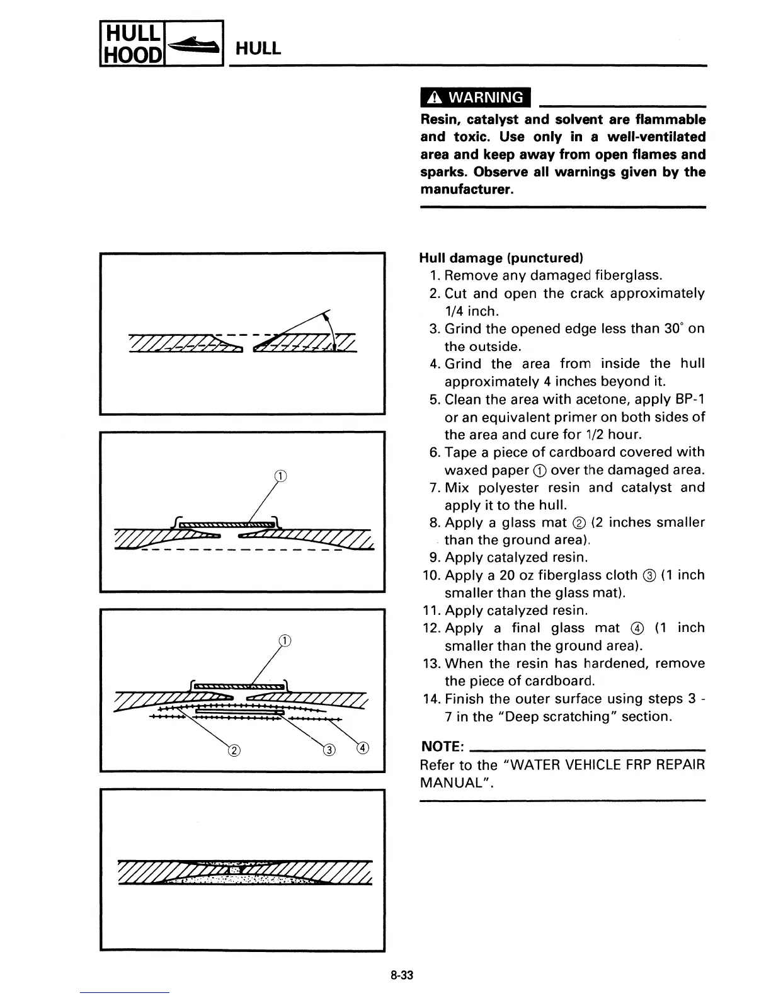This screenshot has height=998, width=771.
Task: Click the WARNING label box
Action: pos(476,98)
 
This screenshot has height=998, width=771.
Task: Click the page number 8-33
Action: pos(401,975)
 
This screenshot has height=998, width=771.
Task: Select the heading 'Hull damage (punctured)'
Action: pos(501,258)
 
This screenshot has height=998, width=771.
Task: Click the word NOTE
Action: pos(442,747)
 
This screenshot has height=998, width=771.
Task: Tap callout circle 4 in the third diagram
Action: pos(363,748)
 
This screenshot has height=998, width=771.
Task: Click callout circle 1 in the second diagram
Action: pos(281,476)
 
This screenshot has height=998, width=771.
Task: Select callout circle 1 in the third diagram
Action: pos(285,641)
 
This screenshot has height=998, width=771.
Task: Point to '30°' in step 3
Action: pos(674,329)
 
